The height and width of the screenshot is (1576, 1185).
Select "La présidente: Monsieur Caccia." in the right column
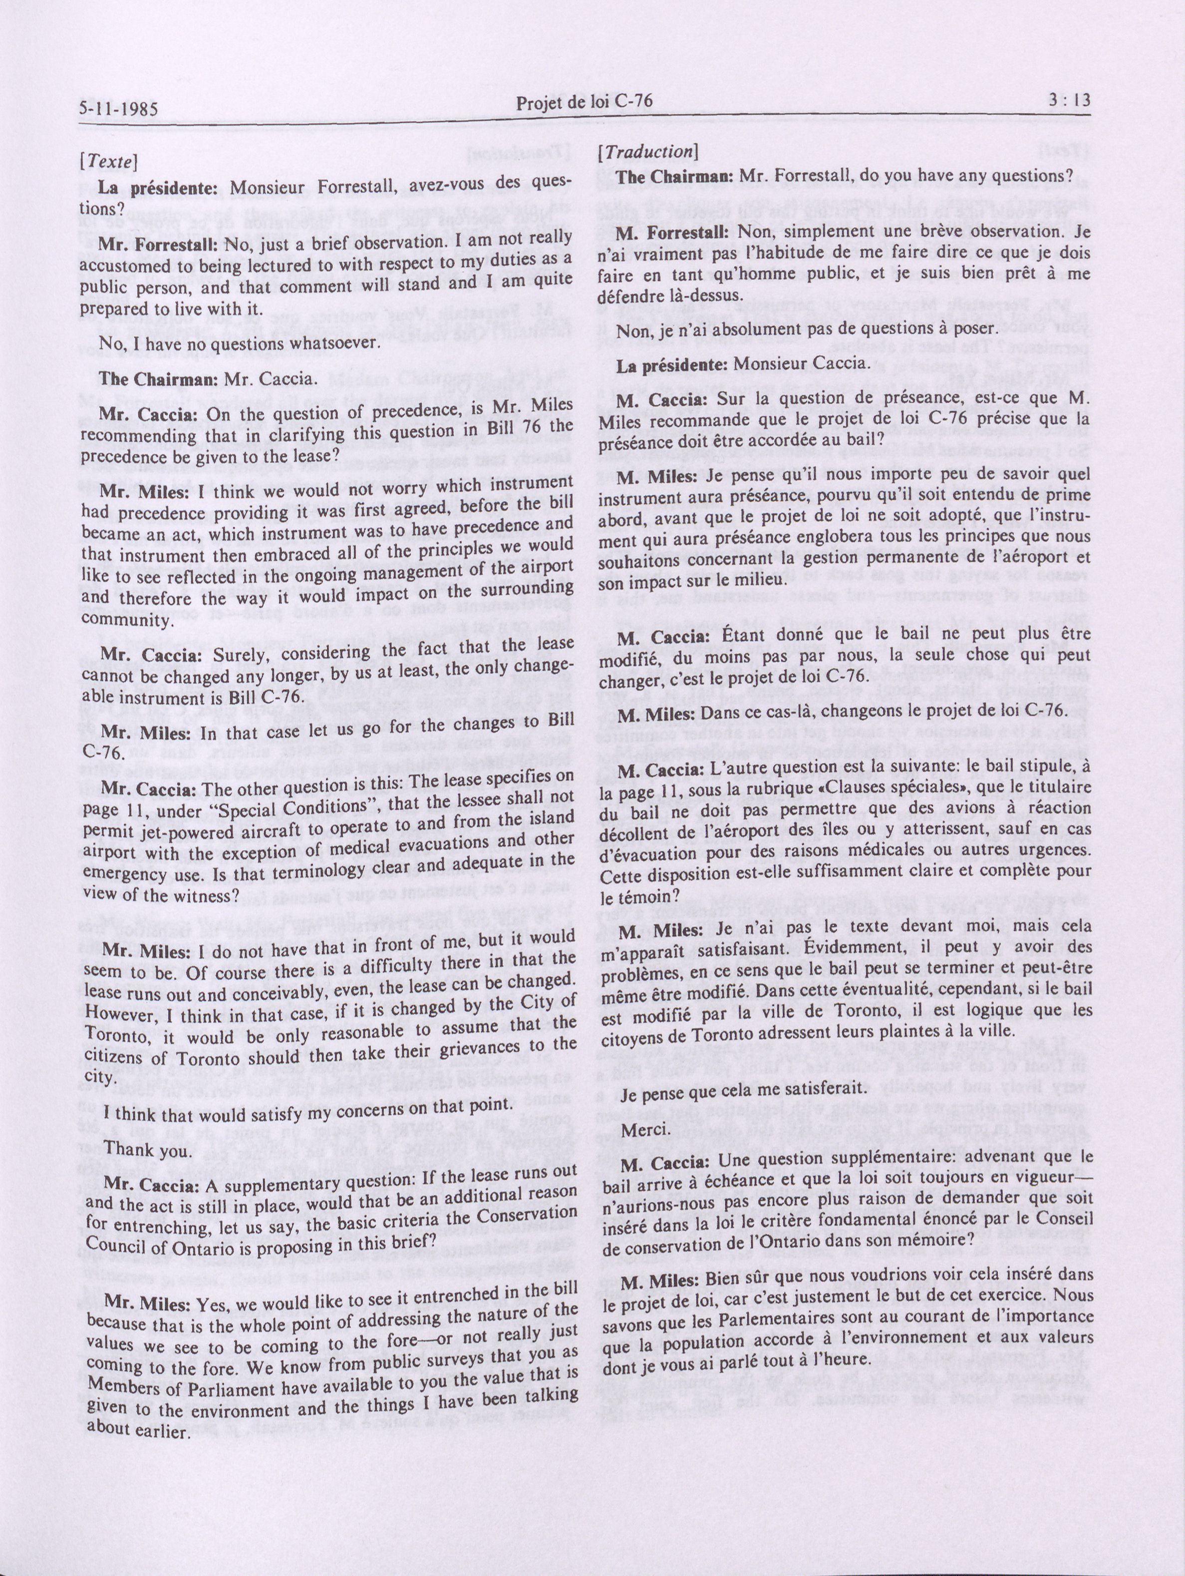(x=744, y=365)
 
